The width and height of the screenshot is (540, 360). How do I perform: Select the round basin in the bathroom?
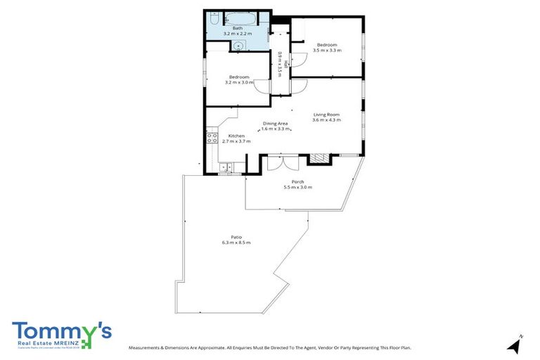[x=238, y=46]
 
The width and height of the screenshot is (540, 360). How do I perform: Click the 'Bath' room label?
[x=238, y=28]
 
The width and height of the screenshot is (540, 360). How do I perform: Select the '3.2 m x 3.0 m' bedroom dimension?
[x=238, y=82]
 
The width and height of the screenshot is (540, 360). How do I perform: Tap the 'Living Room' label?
[x=326, y=115]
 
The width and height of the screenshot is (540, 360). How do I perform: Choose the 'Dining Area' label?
[x=276, y=124]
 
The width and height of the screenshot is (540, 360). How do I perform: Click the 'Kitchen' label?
[x=236, y=135]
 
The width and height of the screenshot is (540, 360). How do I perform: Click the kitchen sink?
[x=225, y=167]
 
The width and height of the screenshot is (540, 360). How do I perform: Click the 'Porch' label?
[x=297, y=181]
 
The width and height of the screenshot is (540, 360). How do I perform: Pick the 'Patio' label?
[x=236, y=236]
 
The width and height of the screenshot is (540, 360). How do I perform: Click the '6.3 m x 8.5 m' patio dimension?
[x=236, y=243]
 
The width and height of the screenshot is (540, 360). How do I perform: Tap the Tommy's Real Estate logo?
[x=61, y=334]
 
